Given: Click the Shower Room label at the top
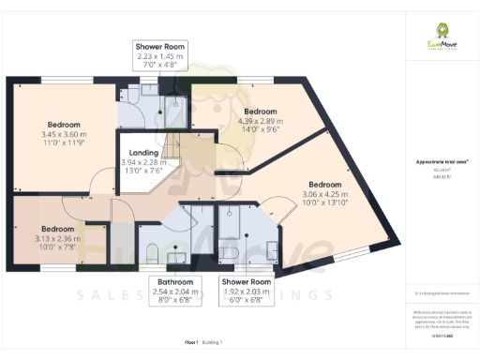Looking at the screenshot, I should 160,46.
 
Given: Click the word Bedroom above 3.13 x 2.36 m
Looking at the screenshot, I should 57,229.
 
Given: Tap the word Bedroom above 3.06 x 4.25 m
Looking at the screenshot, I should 325,184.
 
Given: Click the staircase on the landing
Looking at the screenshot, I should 172,145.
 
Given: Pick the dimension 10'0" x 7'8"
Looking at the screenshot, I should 57,247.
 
